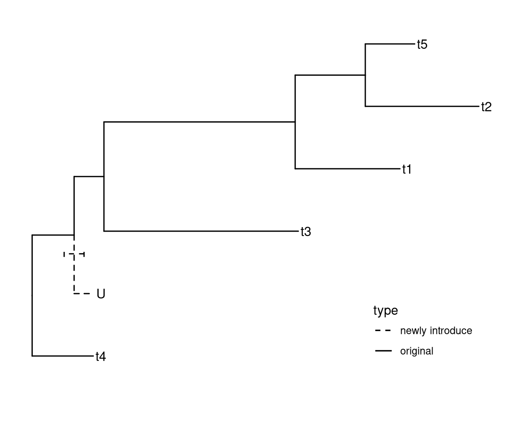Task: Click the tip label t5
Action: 422,44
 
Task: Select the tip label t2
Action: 486,107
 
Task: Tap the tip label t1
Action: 407,169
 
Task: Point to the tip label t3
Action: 305,232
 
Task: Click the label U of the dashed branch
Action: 101,294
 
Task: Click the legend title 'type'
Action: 385,311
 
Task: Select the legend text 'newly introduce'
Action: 436,331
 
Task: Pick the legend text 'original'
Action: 416,351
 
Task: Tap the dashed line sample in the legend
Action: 383,331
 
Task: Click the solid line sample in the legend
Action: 383,351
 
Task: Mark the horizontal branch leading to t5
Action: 389,44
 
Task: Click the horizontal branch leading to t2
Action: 421,106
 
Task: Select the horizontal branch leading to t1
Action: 345,169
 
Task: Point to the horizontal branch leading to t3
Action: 199,231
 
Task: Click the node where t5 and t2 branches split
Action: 365,75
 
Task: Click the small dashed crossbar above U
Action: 74,254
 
